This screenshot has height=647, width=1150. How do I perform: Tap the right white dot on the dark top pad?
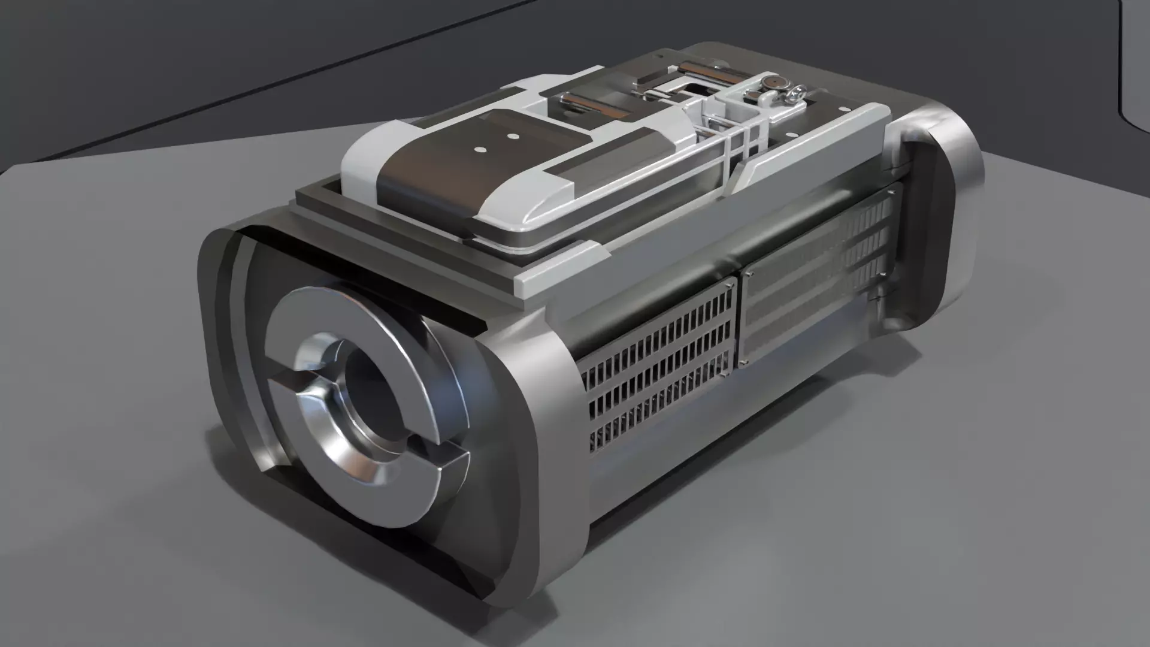click(512, 136)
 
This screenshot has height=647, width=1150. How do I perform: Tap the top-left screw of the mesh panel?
click(748, 274)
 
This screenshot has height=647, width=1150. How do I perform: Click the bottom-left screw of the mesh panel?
click(745, 363)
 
